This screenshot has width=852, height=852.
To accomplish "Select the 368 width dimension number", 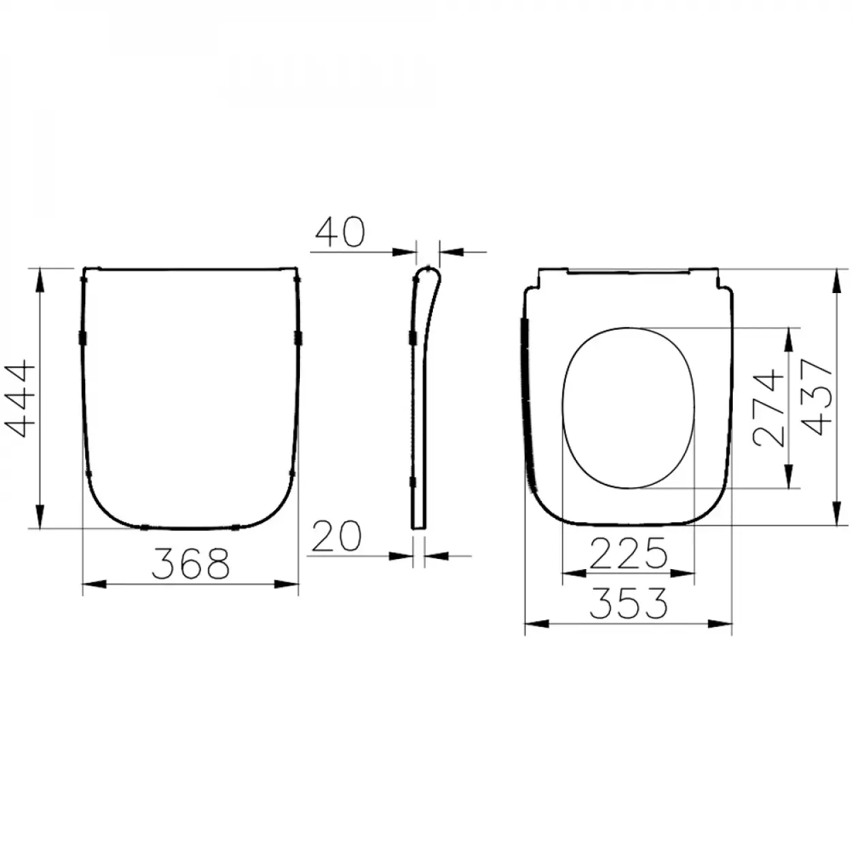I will [x=190, y=564].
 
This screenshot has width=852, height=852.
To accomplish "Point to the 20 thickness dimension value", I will [x=336, y=536].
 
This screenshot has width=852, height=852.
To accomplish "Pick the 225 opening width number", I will [x=628, y=553].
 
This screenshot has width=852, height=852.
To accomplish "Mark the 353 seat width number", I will [x=628, y=604].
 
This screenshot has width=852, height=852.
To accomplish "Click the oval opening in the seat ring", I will [x=628, y=408].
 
